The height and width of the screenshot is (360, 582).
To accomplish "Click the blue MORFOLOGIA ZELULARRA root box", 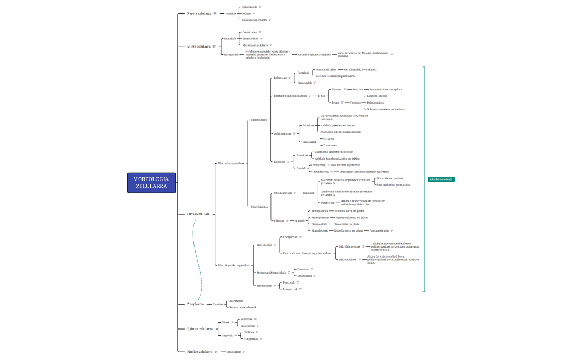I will pyautogui.click(x=151, y=182).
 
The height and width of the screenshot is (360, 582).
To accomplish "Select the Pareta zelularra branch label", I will pyautogui.click(x=199, y=13).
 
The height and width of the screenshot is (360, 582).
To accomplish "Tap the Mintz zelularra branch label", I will pyautogui.click(x=198, y=47).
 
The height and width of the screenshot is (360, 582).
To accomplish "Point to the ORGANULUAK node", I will pyautogui.click(x=198, y=214).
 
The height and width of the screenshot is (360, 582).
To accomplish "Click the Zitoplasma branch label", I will pyautogui.click(x=195, y=304).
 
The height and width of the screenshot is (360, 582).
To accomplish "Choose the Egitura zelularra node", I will pyautogui.click(x=200, y=329).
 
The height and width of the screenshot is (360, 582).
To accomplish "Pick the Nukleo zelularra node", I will pyautogui.click(x=200, y=351).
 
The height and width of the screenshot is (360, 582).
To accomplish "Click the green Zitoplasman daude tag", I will pyautogui.click(x=441, y=179).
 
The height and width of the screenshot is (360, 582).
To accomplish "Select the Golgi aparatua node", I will pyautogui.click(x=283, y=133).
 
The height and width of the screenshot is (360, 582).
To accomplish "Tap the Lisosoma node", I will pyautogui.click(x=279, y=162).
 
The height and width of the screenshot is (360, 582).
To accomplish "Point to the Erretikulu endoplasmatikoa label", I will pyautogui.click(x=290, y=96).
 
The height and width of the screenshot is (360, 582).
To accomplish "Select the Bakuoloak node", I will pyautogui.click(x=280, y=78).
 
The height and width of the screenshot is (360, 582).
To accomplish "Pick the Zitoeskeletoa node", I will pyautogui.click(x=264, y=244).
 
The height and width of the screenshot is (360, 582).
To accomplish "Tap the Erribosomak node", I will pyautogui.click(x=264, y=285).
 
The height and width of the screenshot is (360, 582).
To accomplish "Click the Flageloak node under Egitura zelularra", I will pyautogui.click(x=227, y=335).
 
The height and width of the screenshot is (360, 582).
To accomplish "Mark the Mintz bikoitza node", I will pyautogui.click(x=259, y=207).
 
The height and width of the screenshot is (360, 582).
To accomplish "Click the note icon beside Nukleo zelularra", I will pyautogui.click(x=216, y=351).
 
